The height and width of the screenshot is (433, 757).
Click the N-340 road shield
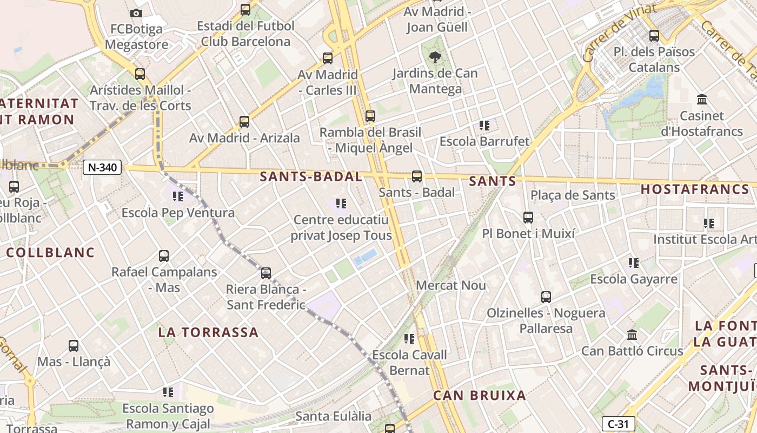(102, 167)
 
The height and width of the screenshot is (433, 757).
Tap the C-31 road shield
(618, 424)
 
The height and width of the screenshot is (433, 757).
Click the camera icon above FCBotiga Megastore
(136, 13)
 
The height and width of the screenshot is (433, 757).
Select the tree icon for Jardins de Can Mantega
(435, 57)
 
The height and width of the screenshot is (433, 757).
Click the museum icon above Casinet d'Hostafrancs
(702, 100)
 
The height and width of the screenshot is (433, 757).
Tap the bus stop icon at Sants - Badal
(416, 176)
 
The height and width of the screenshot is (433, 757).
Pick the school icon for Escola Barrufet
(484, 126)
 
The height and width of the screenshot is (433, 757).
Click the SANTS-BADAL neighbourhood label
(311, 176)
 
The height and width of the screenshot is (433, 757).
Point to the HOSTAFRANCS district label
(695, 189)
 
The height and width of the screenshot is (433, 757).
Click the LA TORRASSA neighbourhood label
(208, 332)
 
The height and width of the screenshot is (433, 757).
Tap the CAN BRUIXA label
(480, 396)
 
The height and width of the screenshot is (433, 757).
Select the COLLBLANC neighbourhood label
(50, 252)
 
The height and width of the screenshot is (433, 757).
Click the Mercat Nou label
(451, 285)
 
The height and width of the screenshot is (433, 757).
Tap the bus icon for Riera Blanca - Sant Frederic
(265, 273)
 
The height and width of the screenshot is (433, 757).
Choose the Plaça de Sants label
(573, 195)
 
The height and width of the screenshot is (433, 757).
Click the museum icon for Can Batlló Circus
(632, 335)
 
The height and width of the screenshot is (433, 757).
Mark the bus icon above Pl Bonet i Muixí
(528, 218)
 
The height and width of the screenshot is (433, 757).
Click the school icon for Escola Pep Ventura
(177, 196)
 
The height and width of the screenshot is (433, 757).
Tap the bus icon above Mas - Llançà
(73, 345)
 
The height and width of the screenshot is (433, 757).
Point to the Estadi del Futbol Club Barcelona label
(245, 34)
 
